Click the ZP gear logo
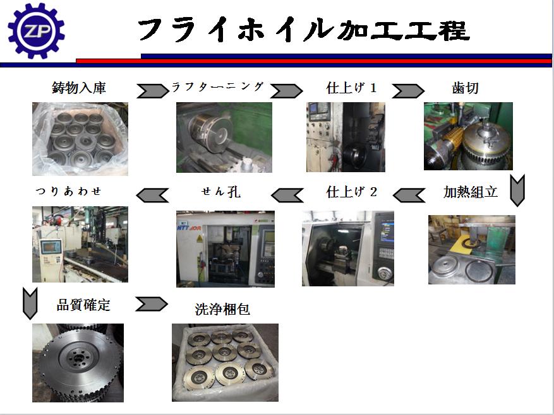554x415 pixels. click(x=36, y=31)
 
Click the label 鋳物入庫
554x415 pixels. click(x=79, y=88)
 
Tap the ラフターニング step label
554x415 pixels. click(x=218, y=87)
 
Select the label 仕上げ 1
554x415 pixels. click(x=351, y=88)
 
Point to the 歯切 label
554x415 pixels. click(x=465, y=88)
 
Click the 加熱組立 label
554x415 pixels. click(x=471, y=192)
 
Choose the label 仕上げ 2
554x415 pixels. click(x=352, y=192)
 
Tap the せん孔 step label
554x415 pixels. click(x=221, y=192)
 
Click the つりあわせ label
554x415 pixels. click(x=69, y=191)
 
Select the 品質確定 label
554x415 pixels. click(x=83, y=305)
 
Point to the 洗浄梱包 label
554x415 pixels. click(x=222, y=309)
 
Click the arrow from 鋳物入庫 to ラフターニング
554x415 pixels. click(x=153, y=91)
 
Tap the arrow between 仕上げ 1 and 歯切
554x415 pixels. click(x=408, y=91)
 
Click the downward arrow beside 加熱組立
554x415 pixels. click(x=517, y=190)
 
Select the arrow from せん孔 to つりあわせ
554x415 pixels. click(x=152, y=195)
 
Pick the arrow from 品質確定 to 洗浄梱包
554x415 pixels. click(x=152, y=304)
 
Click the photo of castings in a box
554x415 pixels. click(x=80, y=139)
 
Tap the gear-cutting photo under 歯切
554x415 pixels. click(x=468, y=136)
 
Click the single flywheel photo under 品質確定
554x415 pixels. click(x=78, y=363)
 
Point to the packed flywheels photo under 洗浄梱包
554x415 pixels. click(x=225, y=363)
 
